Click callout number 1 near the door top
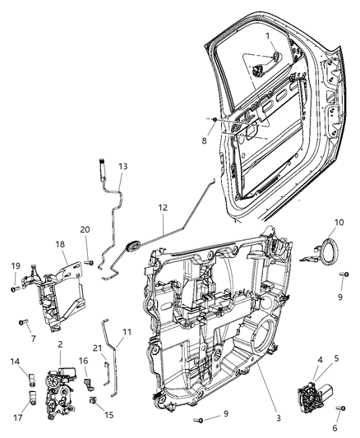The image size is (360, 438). pos(266,37)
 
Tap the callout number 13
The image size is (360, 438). pos(122,166)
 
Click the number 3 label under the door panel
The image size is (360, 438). pos(279,418)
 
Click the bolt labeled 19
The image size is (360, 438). pos(14,288)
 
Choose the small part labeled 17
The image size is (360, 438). pos(32,399)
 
